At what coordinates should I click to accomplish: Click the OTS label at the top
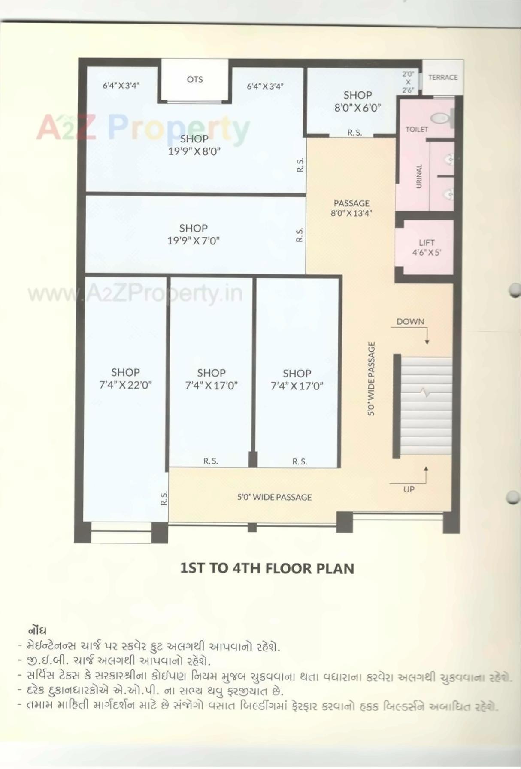coord(194,79)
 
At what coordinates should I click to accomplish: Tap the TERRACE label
coord(442,77)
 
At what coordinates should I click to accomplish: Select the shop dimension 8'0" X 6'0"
coord(357,108)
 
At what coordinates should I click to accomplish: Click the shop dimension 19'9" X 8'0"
coord(194,151)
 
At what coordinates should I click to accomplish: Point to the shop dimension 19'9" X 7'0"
coord(193,241)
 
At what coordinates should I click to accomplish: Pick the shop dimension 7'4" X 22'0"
coord(125,385)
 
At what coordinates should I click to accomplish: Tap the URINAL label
coord(419,176)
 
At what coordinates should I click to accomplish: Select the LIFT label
coord(427,242)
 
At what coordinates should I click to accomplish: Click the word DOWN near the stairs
coord(410,321)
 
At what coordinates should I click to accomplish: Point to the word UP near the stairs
coord(409,489)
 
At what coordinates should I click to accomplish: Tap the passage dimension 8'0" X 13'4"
coord(351,213)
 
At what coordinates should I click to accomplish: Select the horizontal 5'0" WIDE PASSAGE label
coord(274,497)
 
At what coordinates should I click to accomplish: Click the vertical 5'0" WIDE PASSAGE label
coord(371,378)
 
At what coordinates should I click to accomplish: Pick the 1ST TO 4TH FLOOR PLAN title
coord(267,568)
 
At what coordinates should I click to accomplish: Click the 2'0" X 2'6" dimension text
coord(408,82)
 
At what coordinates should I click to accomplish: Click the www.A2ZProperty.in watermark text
coord(135,294)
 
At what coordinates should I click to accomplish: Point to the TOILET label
coord(417,129)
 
